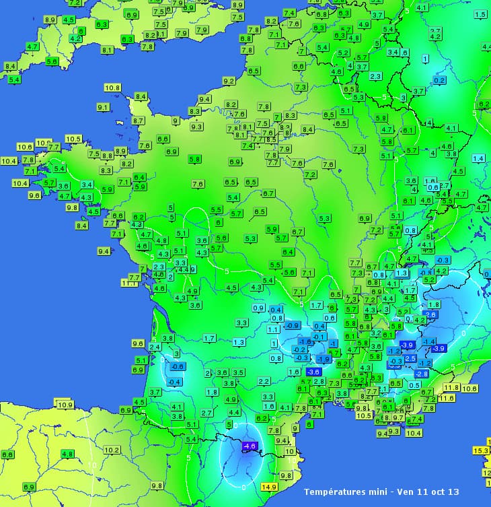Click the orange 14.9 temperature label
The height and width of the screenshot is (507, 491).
click(x=269, y=487)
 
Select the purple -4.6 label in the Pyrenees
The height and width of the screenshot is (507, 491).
click(x=250, y=446)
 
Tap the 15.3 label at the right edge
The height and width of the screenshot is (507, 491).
click(x=482, y=450)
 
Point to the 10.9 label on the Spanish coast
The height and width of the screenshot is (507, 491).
click(x=65, y=405)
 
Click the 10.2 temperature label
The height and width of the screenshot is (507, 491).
click(x=112, y=450)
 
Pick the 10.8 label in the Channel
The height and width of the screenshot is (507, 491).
click(x=112, y=88)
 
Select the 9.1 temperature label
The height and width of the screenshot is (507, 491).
click(x=103, y=107)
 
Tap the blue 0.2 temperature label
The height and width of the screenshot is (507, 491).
click(x=439, y=80)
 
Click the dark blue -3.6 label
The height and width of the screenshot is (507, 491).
click(x=313, y=372)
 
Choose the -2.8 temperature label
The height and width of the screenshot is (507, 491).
click(x=422, y=373)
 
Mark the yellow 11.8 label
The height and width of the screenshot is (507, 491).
click(x=451, y=387)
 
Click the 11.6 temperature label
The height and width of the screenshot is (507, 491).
click(x=446, y=398)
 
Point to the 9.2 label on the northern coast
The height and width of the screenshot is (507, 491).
click(x=229, y=81)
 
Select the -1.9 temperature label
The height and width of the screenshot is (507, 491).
click(x=324, y=359)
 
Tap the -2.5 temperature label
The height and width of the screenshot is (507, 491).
click(x=410, y=358)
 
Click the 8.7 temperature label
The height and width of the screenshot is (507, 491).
click(x=139, y=121)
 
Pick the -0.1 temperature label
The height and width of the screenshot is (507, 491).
click(x=319, y=336)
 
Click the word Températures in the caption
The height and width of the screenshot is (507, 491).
click(x=337, y=492)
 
